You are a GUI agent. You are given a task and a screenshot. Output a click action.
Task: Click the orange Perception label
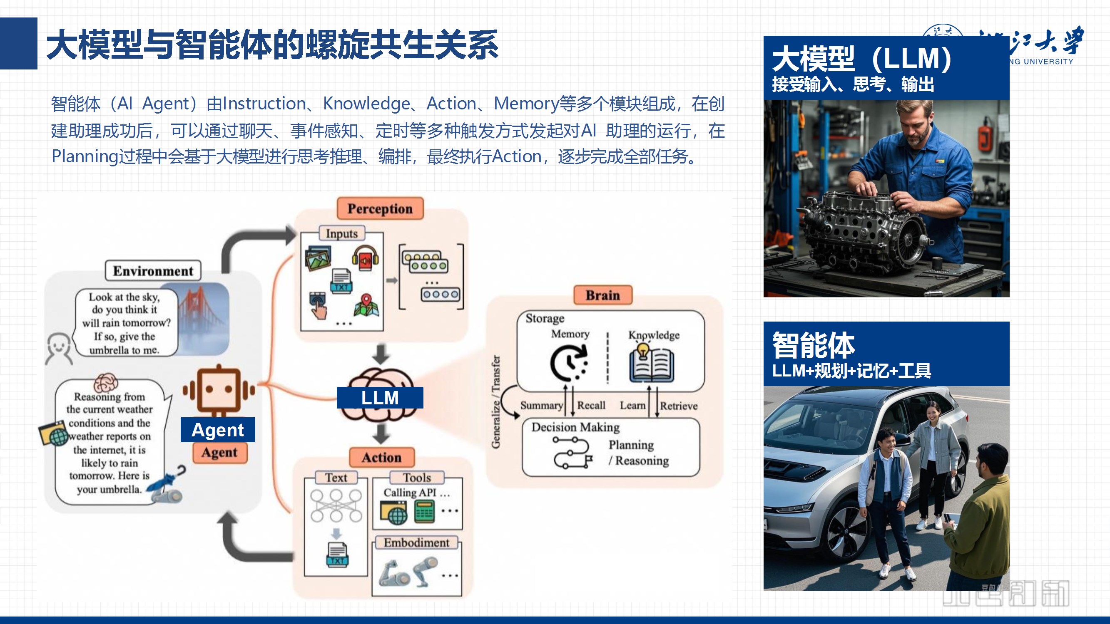[380, 209]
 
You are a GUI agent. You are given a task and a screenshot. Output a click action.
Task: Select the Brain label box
[602, 295]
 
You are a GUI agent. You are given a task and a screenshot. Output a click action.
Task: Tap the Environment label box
[153, 271]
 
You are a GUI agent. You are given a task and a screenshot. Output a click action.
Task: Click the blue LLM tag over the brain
[380, 397]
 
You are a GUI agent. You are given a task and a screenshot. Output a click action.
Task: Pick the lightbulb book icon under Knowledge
[651, 363]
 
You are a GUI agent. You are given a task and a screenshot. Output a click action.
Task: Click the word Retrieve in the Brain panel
[678, 406]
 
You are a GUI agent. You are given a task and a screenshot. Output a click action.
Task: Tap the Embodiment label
[416, 542]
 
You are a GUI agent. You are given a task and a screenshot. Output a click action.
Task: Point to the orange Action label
[381, 457]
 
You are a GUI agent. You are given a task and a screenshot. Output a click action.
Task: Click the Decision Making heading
[575, 427]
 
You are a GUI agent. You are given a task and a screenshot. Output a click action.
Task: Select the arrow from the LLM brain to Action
[381, 433]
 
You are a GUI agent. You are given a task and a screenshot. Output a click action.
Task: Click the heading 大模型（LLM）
[861, 59]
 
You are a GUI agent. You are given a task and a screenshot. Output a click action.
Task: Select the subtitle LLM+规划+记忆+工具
[851, 371]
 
